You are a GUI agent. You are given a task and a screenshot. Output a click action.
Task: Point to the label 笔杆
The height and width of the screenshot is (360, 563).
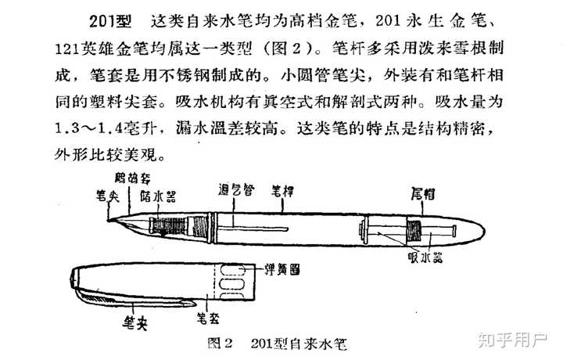(282, 189)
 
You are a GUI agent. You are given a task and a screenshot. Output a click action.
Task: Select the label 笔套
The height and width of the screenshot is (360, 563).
(209, 317)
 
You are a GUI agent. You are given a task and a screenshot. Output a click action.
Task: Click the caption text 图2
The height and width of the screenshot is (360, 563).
(223, 343)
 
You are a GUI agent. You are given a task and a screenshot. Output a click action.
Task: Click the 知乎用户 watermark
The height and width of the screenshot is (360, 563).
(515, 341)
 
